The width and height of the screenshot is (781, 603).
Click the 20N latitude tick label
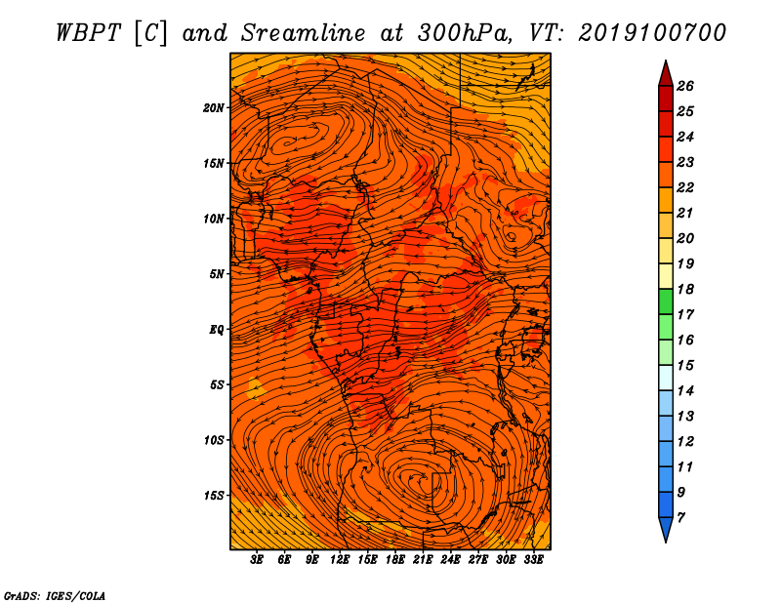click(213, 108)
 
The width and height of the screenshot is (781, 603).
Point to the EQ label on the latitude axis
click(217, 330)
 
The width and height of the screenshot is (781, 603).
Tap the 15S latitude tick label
click(213, 496)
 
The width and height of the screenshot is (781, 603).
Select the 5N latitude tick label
click(217, 274)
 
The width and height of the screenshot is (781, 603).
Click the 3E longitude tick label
click(257, 560)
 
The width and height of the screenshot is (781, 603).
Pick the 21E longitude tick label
click(423, 560)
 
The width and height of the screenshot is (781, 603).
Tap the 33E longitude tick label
click(533, 560)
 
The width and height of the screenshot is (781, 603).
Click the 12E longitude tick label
click(339, 560)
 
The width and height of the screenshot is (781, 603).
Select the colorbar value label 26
click(685, 86)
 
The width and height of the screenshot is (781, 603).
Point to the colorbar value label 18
click(685, 289)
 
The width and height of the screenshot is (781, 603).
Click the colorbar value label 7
click(680, 518)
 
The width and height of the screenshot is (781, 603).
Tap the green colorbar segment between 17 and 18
click(666, 301)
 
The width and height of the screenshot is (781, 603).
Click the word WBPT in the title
click(88, 33)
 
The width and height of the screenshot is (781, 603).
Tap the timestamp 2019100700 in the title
click(652, 33)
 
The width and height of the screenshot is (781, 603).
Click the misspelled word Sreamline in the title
click(304, 33)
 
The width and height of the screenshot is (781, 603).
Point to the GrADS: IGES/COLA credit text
click(55, 595)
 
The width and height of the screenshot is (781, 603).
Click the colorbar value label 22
click(685, 187)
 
